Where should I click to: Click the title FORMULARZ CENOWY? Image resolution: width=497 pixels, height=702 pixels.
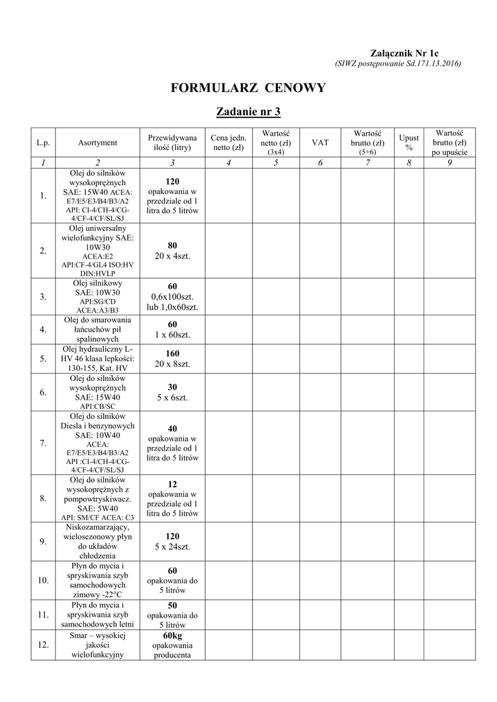pos(248,88)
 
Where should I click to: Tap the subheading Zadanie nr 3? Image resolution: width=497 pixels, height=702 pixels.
pos(248,111)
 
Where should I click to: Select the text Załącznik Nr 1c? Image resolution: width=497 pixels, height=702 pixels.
pos(404,53)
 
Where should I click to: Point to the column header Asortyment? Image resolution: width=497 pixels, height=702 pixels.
pos(97,143)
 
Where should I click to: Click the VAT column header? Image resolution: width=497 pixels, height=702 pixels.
pos(320,143)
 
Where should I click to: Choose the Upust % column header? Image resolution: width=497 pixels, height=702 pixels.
pos(410,143)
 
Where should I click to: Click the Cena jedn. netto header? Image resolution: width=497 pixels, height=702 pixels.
pos(229,143)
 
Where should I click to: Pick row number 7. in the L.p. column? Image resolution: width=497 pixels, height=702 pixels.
pos(43,443)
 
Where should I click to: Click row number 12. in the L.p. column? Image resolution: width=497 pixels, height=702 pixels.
pos(43,645)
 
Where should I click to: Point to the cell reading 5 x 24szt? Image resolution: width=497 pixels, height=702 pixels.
pos(172,546)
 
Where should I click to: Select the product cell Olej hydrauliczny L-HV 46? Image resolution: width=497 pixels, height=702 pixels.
pos(97,359)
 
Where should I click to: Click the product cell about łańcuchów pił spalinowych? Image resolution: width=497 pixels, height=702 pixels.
pos(97,329)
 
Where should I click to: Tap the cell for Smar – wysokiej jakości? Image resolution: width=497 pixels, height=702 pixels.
pos(97,645)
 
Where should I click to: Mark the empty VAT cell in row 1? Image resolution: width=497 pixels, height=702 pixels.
pos(320,195)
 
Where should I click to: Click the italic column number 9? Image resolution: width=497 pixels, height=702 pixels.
pos(450,162)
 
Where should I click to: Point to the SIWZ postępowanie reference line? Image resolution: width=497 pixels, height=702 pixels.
pos(397,64)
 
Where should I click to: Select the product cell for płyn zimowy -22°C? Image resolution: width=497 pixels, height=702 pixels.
pos(97,581)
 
